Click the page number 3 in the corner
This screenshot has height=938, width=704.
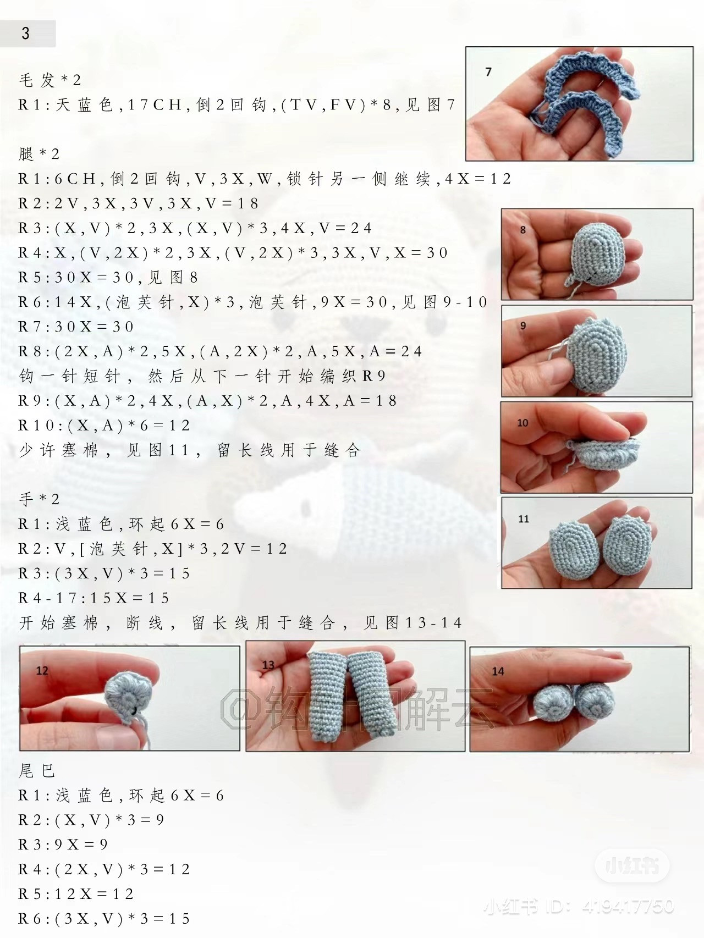[x=26, y=34]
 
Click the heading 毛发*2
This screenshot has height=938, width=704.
[x=50, y=80]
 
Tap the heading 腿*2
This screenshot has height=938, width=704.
[x=39, y=154]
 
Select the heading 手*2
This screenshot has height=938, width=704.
[x=39, y=499]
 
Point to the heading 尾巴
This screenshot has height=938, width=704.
[x=37, y=771]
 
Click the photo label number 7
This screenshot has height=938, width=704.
[x=488, y=72]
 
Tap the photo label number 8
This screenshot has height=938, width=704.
[x=522, y=230]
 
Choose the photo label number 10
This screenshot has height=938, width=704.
[x=522, y=423]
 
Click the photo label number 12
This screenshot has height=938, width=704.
[x=42, y=671]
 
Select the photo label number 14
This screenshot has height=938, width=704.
[x=498, y=671]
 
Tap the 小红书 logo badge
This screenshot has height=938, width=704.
[x=632, y=867]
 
